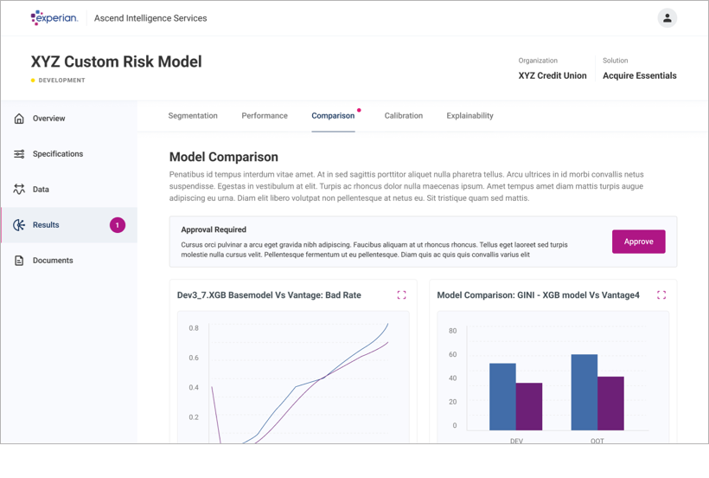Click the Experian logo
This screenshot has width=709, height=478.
[54, 17]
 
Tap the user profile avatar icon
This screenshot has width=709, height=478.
[667, 18]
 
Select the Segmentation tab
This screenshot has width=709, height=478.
[193, 115]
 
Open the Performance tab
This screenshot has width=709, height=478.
[265, 115]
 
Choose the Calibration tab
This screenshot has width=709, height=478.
[404, 115]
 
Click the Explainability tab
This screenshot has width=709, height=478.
[469, 115]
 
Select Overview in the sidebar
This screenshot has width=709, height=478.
[48, 119]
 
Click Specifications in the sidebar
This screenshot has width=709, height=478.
[58, 154]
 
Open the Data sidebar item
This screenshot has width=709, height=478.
[41, 190]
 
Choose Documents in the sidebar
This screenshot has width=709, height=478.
[53, 261]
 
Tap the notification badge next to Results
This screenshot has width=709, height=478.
[118, 225]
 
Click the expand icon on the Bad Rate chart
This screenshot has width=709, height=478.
[401, 295]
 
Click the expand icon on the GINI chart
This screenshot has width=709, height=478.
[661, 295]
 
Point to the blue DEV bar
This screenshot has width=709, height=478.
[502, 397]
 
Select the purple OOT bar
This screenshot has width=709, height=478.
[610, 403]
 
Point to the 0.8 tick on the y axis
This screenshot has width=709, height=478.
[194, 328]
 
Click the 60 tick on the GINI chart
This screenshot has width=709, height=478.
[452, 354]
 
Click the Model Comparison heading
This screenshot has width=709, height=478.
[224, 158]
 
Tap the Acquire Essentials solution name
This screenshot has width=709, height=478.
[640, 75]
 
